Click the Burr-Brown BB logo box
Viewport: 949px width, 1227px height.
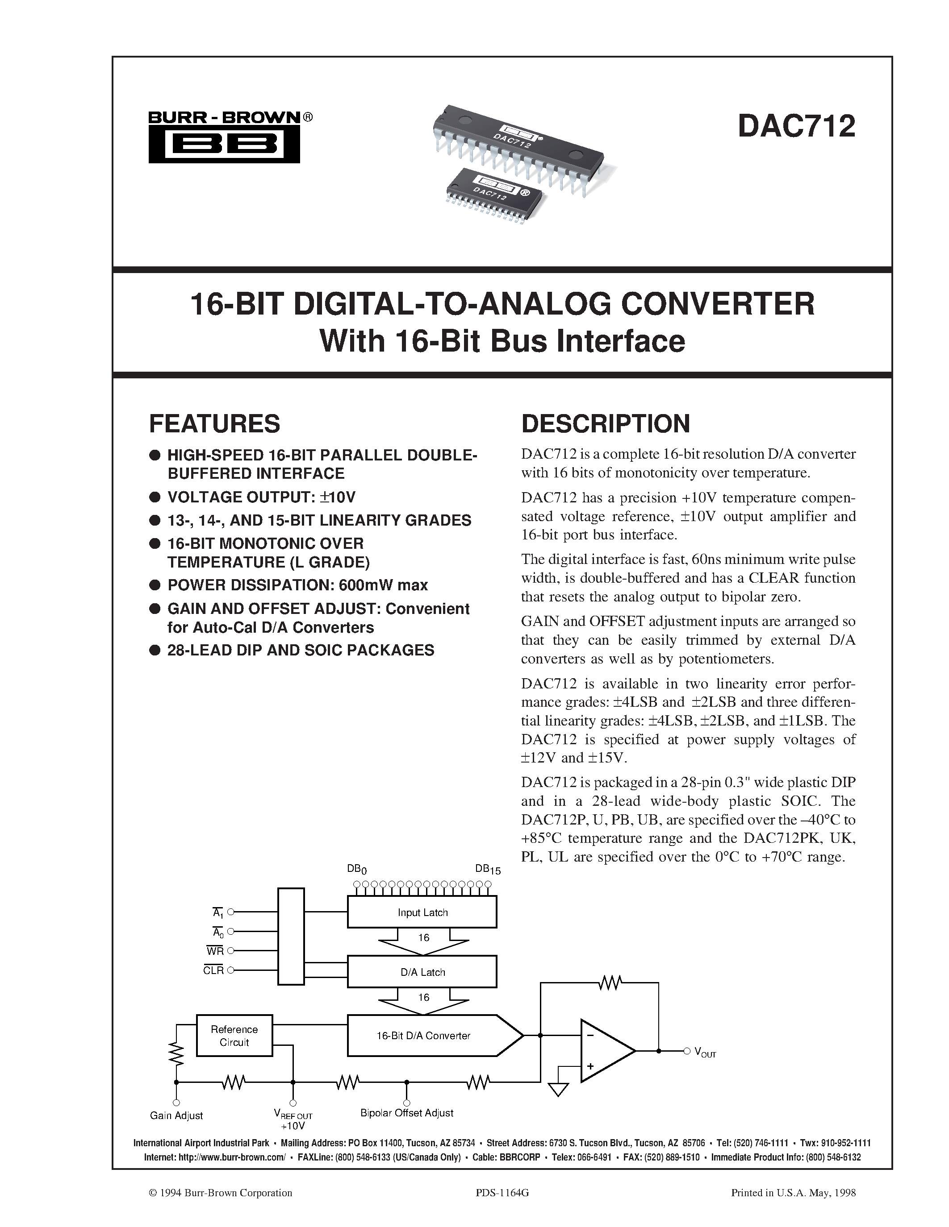[x=224, y=145]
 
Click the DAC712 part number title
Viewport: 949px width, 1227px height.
[x=796, y=126]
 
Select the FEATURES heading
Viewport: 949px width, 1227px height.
[x=214, y=423]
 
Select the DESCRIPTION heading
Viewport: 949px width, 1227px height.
[x=606, y=423]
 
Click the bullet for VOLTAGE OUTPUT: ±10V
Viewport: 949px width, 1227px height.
[x=155, y=497]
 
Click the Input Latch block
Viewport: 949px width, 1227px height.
[x=422, y=912]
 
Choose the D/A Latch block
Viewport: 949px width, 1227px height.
[x=422, y=971]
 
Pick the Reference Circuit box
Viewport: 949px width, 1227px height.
[x=234, y=1036]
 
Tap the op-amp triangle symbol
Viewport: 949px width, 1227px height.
[x=604, y=1050]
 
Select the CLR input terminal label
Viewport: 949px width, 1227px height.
[x=213, y=970]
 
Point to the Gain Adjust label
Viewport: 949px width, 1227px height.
[x=176, y=1115]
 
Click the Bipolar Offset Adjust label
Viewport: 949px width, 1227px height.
[x=406, y=1113]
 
